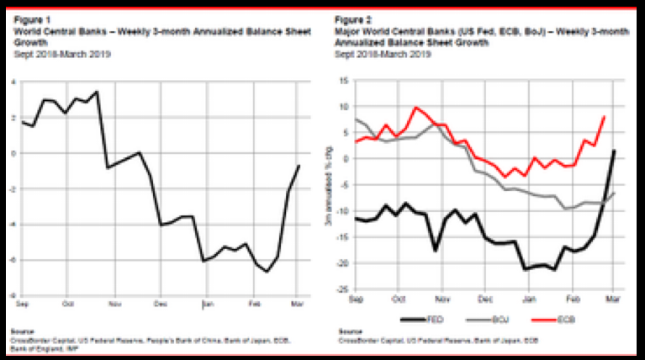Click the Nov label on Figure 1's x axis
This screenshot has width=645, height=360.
point(114,302)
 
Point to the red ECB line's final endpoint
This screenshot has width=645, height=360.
point(605,117)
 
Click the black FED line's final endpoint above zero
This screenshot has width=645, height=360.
point(616,151)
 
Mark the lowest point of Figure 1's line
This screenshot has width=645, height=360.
point(267,272)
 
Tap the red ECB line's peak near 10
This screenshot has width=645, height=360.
point(415,108)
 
